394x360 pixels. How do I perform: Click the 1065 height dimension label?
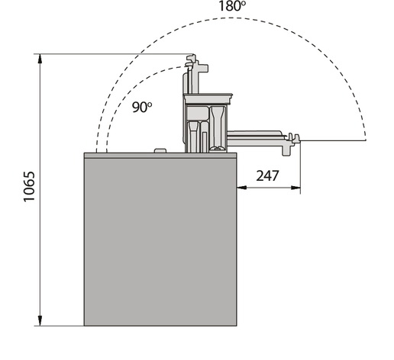29,187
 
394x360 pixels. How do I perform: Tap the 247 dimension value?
267,175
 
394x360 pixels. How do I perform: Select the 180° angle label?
232,6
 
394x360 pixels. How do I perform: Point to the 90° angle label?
142,107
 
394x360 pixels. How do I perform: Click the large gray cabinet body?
160,242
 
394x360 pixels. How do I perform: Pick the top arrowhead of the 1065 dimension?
40,59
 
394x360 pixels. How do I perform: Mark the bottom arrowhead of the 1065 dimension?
40,321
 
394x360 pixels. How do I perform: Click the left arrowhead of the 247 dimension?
242,188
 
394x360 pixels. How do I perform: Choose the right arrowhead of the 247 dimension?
295,188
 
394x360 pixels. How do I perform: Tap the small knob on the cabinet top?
160,151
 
